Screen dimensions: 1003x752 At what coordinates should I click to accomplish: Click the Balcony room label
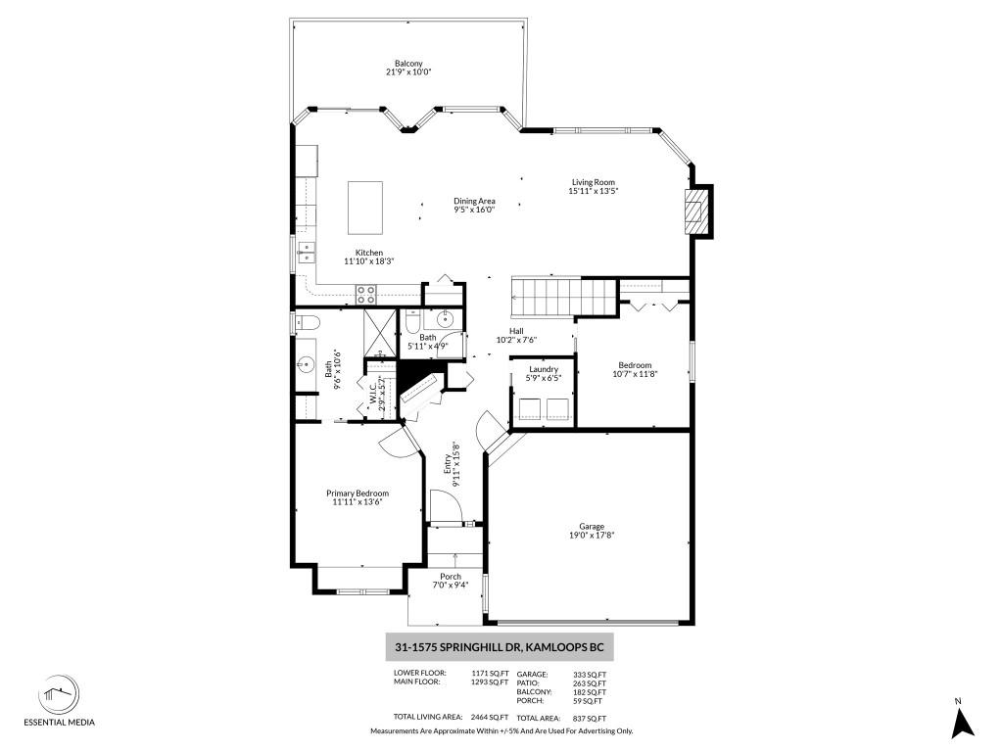coord(408,64)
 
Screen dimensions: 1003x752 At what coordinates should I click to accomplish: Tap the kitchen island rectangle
coord(365,208)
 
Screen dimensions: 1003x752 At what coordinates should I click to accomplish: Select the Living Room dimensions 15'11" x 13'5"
coord(593,191)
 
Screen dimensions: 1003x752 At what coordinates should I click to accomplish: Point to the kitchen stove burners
coord(366,294)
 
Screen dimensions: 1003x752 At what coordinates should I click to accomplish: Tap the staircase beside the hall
coord(545,298)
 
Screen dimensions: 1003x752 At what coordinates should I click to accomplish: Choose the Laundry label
coord(543,369)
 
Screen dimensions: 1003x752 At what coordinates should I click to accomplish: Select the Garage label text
coord(591,526)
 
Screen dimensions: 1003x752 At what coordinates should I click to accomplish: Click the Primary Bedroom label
coord(358,493)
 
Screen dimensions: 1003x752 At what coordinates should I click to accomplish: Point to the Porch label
coord(451,576)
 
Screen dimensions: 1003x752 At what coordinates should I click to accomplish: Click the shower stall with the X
coord(380,333)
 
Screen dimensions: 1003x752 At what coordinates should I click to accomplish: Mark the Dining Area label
coord(474,201)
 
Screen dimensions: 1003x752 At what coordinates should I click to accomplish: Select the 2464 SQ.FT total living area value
coord(490,718)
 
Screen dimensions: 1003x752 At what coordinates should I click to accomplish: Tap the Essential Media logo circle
coord(59,694)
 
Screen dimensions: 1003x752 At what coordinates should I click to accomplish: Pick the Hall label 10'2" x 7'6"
coord(516,336)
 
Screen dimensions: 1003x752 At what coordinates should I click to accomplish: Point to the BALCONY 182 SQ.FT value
coord(589,692)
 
